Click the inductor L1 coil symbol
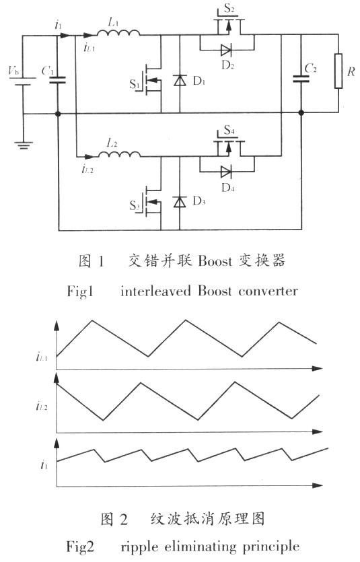(x=118, y=32)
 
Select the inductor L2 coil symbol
(x=119, y=153)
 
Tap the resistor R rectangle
(x=338, y=71)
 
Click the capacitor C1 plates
(x=57, y=79)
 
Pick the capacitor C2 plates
(x=301, y=79)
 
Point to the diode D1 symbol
(x=180, y=80)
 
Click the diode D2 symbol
(x=226, y=50)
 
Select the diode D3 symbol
(x=180, y=202)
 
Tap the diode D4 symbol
(x=226, y=172)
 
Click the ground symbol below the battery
(x=24, y=145)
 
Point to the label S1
(x=135, y=84)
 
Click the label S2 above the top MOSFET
(x=229, y=8)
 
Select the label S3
(x=135, y=206)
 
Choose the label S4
(x=229, y=130)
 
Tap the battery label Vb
(x=13, y=71)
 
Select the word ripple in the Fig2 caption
(x=139, y=547)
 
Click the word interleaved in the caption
(x=156, y=290)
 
